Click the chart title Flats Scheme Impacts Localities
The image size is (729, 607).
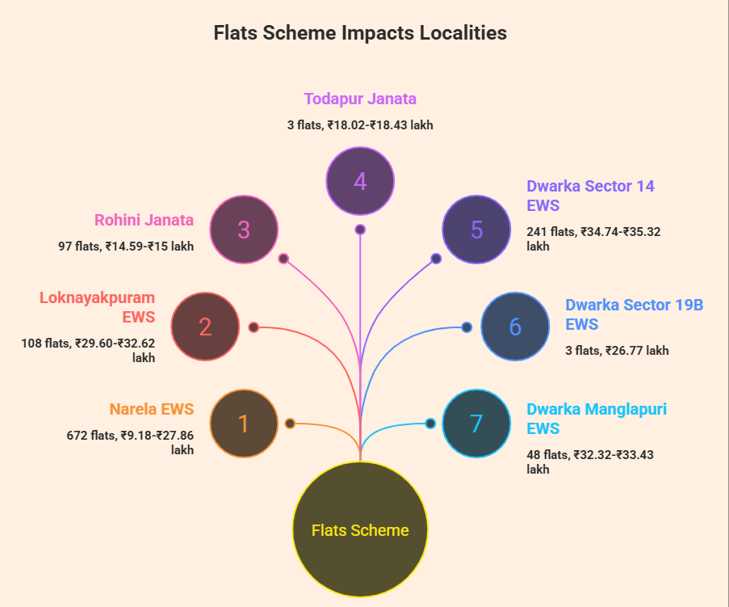(x=360, y=33)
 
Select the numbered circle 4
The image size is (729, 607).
(x=360, y=181)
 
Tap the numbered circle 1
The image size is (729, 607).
(x=244, y=424)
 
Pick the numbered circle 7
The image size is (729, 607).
(x=476, y=424)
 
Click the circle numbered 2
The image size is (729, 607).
(x=205, y=327)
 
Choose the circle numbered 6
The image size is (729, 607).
(x=515, y=327)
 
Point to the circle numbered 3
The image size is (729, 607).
(x=244, y=230)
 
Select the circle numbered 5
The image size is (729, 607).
(x=476, y=230)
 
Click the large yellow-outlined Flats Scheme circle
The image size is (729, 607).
(x=360, y=529)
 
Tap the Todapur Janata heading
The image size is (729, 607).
(x=360, y=99)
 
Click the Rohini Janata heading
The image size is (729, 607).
(x=145, y=220)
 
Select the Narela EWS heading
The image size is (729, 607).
(x=152, y=409)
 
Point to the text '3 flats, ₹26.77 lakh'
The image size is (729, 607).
(x=617, y=351)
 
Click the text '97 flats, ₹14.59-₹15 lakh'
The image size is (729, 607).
(x=126, y=247)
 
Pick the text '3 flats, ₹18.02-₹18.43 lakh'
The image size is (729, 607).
(x=360, y=125)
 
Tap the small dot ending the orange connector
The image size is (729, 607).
(x=290, y=424)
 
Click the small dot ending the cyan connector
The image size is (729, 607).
(x=430, y=424)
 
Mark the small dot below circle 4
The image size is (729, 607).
(x=360, y=230)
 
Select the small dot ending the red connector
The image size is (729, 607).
(x=253, y=327)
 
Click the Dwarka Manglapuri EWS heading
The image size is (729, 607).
(x=597, y=419)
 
